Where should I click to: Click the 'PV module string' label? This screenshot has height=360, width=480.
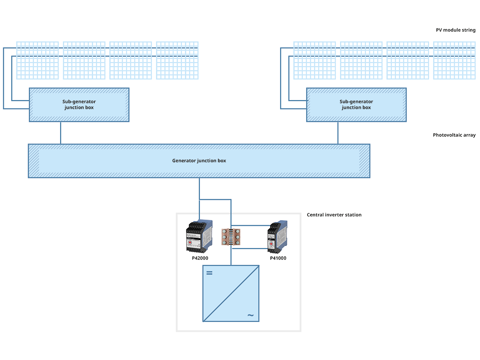pos(456,30)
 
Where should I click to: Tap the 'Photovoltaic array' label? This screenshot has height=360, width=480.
pos(454,135)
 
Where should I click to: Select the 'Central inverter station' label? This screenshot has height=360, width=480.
pos(334,215)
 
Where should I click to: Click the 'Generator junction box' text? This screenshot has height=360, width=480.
pos(199,161)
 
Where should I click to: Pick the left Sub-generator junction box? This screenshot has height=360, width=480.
pos(79,104)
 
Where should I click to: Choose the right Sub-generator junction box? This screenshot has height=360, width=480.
pos(356,104)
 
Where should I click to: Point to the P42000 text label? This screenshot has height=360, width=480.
pos(200,258)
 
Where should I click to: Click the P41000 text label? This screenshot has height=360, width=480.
pos(278,258)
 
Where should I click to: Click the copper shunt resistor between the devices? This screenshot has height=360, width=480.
pos(231,238)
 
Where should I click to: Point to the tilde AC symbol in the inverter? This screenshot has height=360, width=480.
pos(250,315)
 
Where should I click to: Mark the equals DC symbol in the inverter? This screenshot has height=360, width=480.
pos(209,274)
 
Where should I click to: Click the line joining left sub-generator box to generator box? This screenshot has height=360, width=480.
pos(61,133)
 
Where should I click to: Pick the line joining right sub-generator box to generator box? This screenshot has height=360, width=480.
pos(338,133)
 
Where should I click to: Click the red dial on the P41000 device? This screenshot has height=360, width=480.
pos(271,243)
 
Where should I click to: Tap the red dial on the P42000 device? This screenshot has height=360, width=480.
pos(190,242)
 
